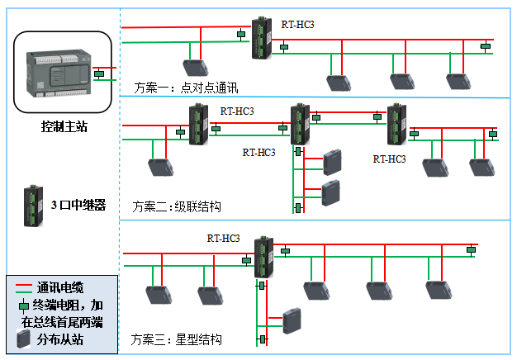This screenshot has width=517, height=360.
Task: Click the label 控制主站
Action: click(x=64, y=126)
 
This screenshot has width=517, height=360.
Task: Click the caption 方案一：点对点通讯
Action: click(x=173, y=88)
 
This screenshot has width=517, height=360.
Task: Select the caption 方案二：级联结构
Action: click(x=176, y=206)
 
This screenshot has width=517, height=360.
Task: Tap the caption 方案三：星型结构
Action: click(x=176, y=340)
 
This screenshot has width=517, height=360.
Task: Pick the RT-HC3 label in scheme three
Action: click(x=223, y=239)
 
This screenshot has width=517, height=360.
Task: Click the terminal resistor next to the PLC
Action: click(x=99, y=74)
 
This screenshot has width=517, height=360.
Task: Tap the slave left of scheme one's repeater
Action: click(x=195, y=68)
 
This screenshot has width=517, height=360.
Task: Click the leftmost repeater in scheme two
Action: click(x=197, y=125)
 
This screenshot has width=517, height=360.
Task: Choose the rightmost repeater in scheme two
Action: click(x=396, y=124)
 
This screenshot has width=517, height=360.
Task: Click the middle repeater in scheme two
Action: click(x=299, y=124)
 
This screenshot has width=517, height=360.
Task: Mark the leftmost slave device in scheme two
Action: click(x=159, y=166)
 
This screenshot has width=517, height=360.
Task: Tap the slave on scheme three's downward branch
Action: click(x=292, y=320)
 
